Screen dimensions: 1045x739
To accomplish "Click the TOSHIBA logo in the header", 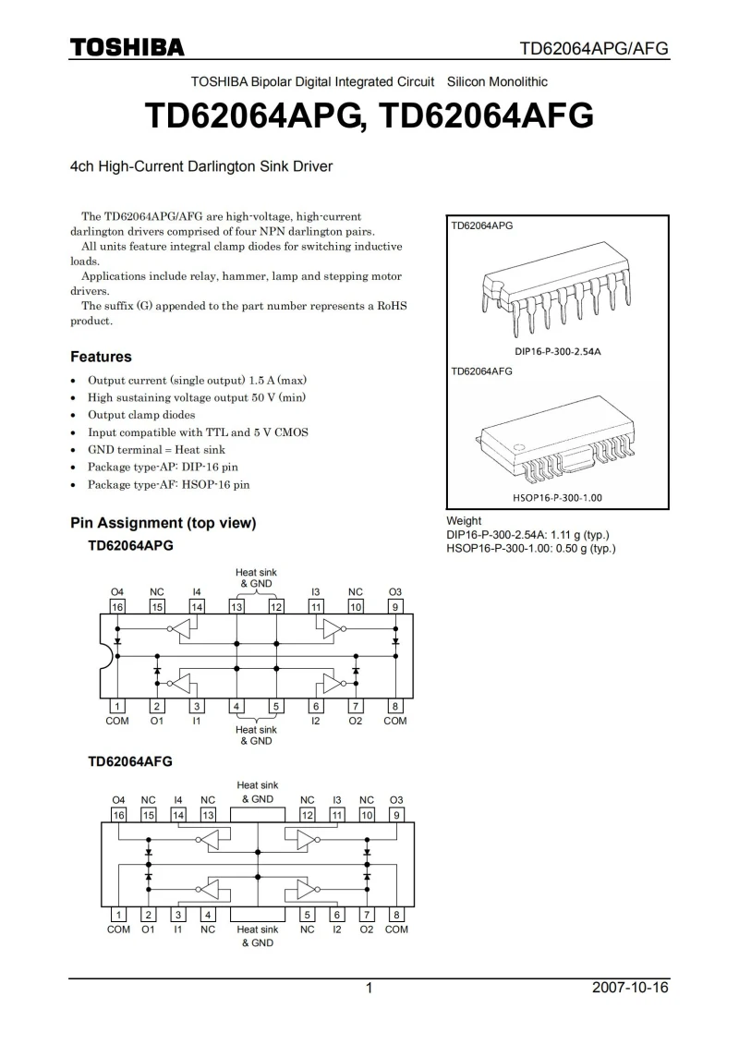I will [127, 48].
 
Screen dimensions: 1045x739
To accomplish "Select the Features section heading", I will [101, 357].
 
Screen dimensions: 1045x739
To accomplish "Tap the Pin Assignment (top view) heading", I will [164, 523].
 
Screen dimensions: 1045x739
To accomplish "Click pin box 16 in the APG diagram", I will [117, 607].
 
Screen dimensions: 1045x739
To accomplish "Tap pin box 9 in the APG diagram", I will [395, 607].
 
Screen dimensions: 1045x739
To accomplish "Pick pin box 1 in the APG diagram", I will [117, 706].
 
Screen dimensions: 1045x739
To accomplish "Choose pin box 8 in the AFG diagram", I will [396, 915].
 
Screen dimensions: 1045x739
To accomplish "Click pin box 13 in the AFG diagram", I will [208, 815].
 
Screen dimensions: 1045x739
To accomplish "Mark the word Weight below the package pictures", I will [464, 521].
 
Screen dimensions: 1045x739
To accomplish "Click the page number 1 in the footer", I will [369, 988].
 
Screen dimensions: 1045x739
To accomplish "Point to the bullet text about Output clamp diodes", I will [141, 415].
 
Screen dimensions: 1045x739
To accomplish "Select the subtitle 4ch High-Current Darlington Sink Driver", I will [201, 167].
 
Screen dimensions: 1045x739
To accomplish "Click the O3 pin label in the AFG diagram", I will [396, 800].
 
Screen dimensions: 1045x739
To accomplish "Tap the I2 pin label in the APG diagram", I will [316, 721].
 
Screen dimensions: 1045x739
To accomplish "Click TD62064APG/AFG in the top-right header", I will [593, 48].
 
